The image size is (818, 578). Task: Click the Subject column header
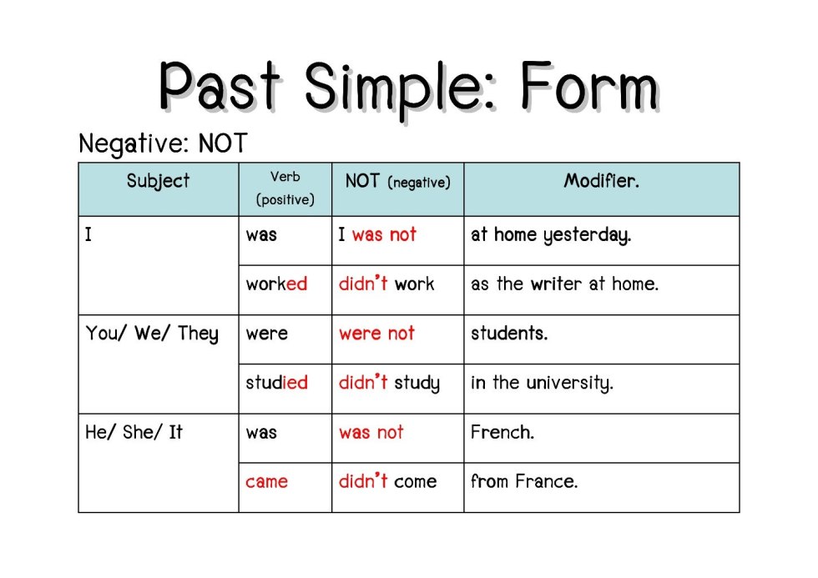(x=158, y=181)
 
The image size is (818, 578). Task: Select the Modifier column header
(x=601, y=181)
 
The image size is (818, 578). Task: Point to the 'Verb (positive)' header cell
(x=285, y=188)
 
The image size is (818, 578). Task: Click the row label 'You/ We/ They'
(x=151, y=334)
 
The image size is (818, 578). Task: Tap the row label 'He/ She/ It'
(x=134, y=432)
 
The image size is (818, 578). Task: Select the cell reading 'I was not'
(x=377, y=235)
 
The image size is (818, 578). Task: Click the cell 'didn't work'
(x=386, y=284)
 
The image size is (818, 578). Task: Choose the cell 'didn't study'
(x=389, y=383)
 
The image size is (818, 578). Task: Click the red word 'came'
(x=266, y=481)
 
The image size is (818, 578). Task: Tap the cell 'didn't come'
(x=387, y=481)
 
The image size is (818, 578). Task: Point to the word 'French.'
(x=502, y=432)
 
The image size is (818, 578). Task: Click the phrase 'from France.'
(x=523, y=481)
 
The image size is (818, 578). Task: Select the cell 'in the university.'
(x=542, y=384)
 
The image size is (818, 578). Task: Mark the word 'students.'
(x=509, y=334)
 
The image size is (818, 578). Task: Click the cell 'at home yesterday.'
(x=551, y=235)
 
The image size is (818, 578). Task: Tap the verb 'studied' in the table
(x=276, y=383)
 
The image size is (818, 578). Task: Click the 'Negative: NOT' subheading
(x=163, y=143)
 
